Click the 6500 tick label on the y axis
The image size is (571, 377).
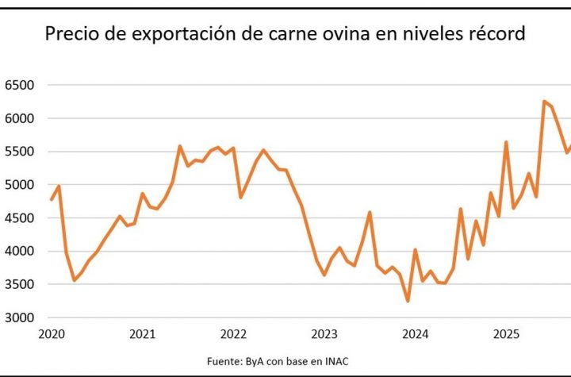pyautogui.click(x=19, y=85)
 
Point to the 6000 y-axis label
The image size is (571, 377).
pyautogui.click(x=19, y=118)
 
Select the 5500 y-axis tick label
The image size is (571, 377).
pyautogui.click(x=19, y=152)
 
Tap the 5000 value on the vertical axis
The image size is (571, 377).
pyautogui.click(x=19, y=185)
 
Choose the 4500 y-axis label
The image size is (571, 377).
pyautogui.click(x=19, y=218)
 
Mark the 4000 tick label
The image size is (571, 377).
pyautogui.click(x=19, y=252)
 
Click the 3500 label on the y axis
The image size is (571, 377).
pyautogui.click(x=19, y=285)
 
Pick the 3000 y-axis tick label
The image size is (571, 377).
pyautogui.click(x=19, y=318)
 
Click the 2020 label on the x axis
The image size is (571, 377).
pyautogui.click(x=51, y=334)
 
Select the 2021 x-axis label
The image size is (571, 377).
pyautogui.click(x=142, y=334)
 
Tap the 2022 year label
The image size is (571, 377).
pyautogui.click(x=234, y=334)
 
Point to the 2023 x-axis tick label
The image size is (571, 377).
pyautogui.click(x=325, y=334)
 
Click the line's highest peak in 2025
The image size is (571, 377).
pyautogui.click(x=544, y=101)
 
